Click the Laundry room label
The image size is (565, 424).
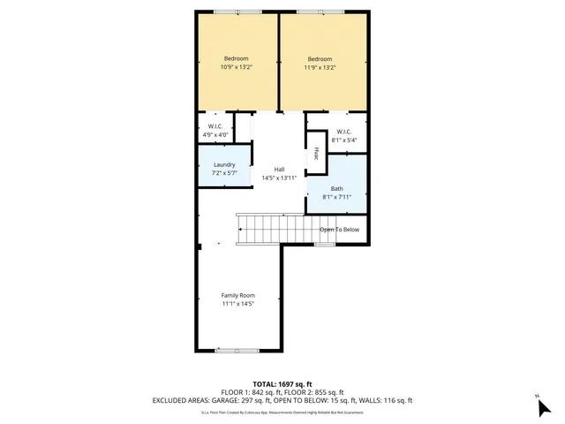click(x=224, y=164)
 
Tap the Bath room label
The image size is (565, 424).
click(x=337, y=188)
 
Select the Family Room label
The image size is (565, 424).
click(x=237, y=295)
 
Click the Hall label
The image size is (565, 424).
click(x=279, y=170)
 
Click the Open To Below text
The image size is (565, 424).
click(x=339, y=230)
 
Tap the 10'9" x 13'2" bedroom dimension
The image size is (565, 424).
click(x=237, y=67)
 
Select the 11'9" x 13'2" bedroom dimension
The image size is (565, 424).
click(x=323, y=67)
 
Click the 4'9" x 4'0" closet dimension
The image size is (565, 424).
click(x=215, y=134)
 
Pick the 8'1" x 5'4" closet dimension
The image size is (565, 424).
click(x=343, y=140)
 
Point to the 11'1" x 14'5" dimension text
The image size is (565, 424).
click(x=237, y=304)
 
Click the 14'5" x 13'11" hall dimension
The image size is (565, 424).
click(x=279, y=178)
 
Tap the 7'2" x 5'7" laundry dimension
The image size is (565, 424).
click(x=224, y=172)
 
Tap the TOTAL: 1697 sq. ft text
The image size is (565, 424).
click(x=282, y=384)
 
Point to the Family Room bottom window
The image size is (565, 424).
click(x=237, y=351)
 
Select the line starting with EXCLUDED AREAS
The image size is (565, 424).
click(x=282, y=400)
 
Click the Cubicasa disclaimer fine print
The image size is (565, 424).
click(x=282, y=412)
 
